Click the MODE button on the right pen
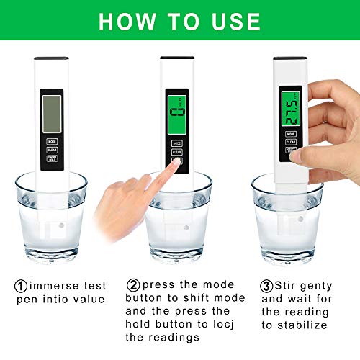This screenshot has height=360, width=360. (291, 134)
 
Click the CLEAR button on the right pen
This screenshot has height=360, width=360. (291, 142)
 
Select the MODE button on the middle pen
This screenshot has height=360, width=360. (176, 144)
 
